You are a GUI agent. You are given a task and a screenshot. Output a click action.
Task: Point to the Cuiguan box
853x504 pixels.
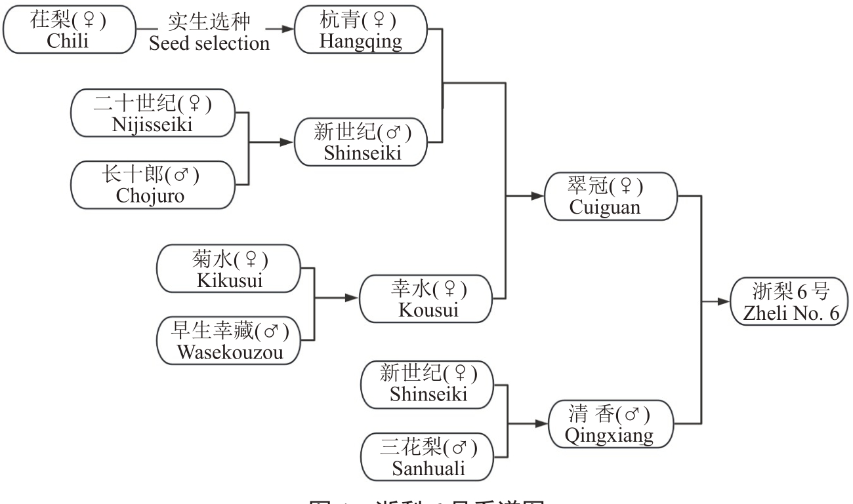click(x=610, y=196)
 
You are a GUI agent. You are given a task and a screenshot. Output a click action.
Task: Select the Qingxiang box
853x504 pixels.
click(x=610, y=424)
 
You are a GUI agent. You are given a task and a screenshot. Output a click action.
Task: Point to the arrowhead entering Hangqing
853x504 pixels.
click(x=286, y=29)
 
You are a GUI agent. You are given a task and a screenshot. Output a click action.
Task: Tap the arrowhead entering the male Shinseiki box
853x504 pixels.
click(x=287, y=142)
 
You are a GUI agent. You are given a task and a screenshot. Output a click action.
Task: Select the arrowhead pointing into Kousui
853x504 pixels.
click(x=352, y=298)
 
